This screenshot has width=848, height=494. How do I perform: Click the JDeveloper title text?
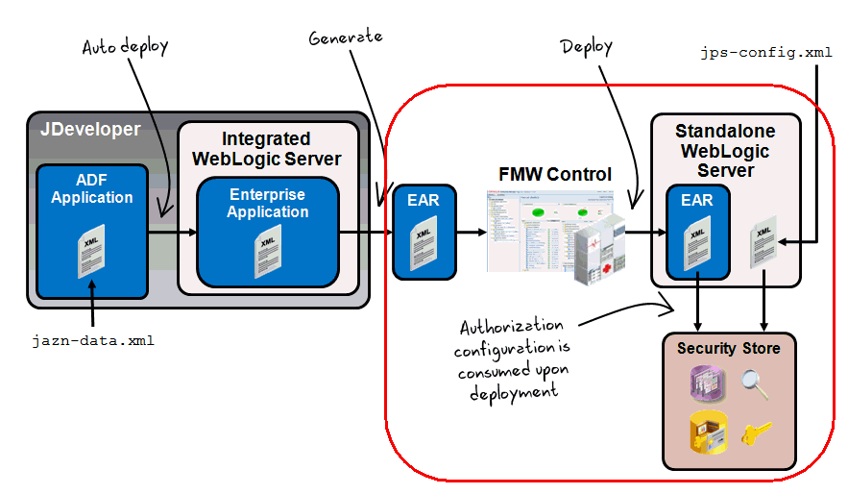[x=90, y=129]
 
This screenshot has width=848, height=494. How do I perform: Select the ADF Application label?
[x=92, y=189]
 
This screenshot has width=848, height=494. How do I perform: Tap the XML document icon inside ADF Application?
[x=92, y=252]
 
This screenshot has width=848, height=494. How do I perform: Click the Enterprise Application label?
[x=268, y=203]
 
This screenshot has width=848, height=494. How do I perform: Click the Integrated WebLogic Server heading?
[x=267, y=149]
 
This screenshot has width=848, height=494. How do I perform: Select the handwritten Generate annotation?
[x=346, y=37]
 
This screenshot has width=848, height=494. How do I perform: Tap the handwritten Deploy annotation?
[x=586, y=45]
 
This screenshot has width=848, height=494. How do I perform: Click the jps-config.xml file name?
[x=766, y=53]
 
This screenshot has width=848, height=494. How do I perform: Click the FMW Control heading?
[x=555, y=174]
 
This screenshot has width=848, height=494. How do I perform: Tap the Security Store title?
[x=729, y=348]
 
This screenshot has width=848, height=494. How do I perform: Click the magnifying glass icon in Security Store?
[x=754, y=384]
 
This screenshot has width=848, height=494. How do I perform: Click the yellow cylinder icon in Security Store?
[x=704, y=432]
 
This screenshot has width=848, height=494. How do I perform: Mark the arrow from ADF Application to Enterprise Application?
[x=173, y=232]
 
